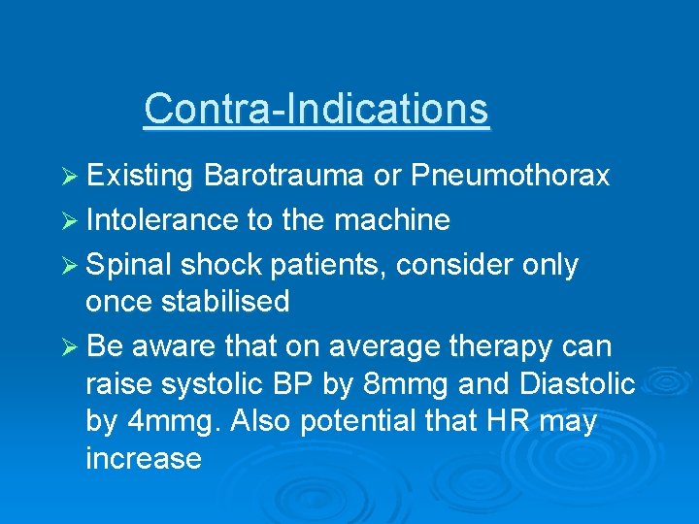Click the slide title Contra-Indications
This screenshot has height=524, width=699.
tap(316, 108)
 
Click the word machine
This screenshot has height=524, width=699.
tap(392, 220)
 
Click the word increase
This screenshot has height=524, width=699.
tap(144, 458)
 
